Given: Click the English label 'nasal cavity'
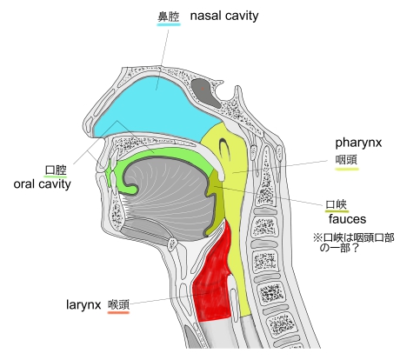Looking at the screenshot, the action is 224,16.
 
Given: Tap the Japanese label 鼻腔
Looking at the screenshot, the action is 169,17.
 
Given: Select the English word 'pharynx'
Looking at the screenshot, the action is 358,143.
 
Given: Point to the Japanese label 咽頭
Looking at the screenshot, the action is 346,160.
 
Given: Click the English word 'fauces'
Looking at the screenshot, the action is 347,219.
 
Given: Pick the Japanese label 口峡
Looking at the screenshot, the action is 337,204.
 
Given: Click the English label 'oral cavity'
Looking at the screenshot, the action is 43,184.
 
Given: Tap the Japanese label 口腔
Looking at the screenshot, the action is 56,170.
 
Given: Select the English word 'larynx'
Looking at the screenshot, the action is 83,305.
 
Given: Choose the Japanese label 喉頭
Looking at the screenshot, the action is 118,305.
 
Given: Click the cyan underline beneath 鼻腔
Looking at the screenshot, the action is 169,24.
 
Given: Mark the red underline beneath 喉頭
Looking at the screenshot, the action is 118,312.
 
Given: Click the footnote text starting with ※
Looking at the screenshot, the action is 354,243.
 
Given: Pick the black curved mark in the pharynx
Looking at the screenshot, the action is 223,147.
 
